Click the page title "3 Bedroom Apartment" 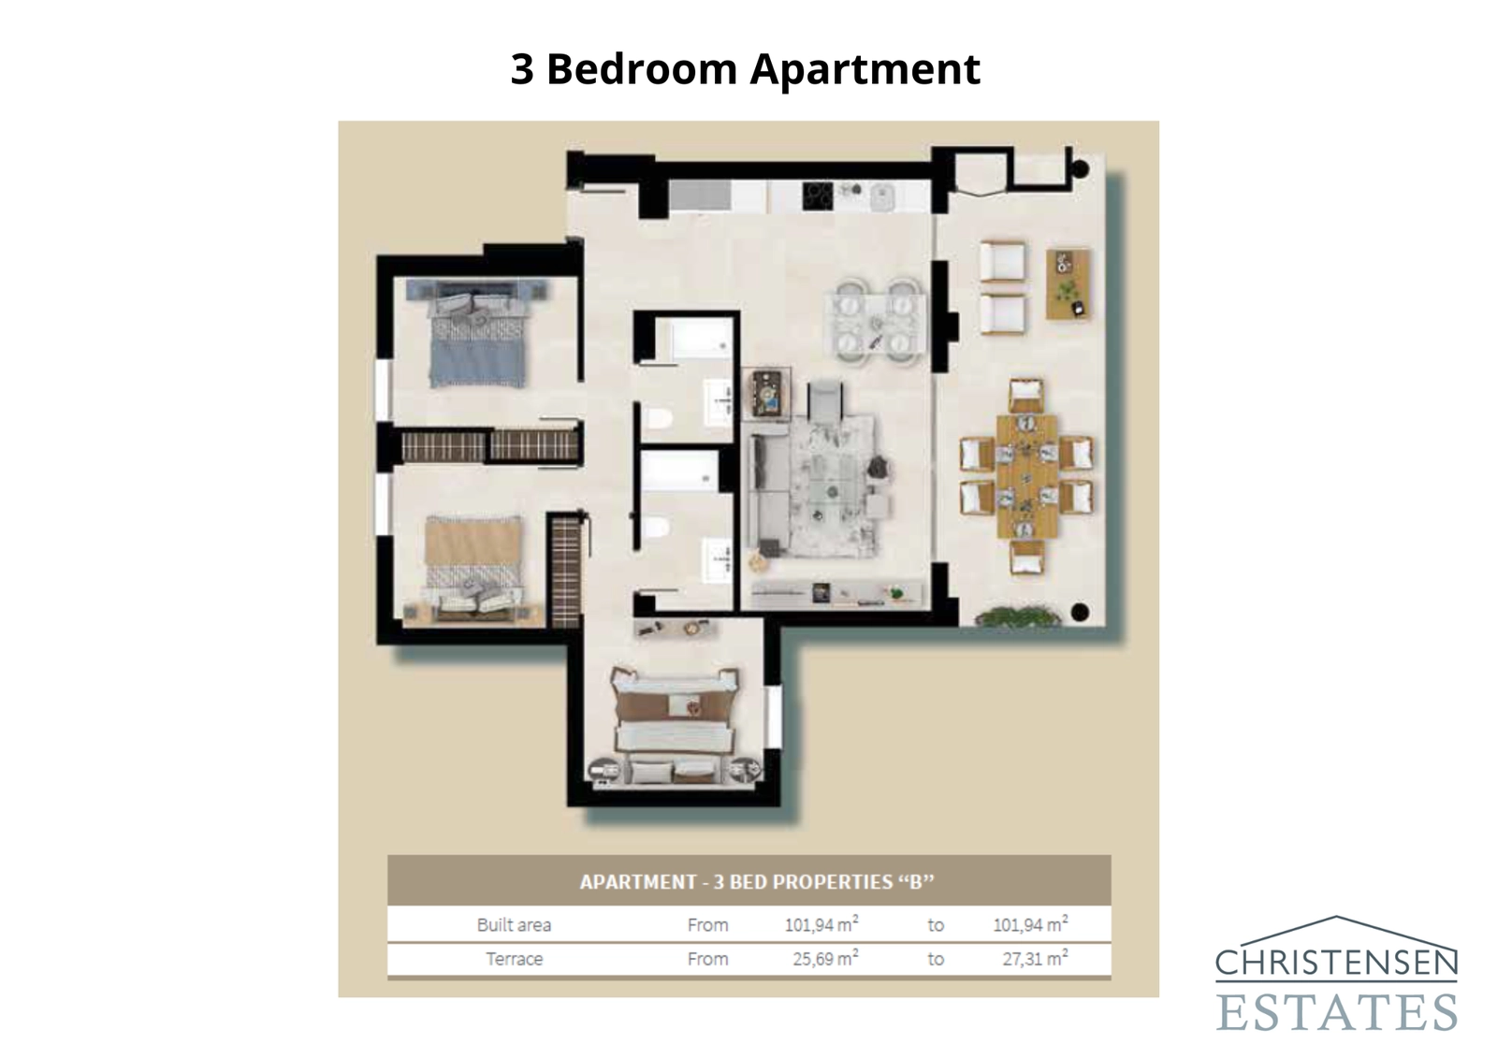tap(745, 69)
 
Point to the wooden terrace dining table tap(1026, 476)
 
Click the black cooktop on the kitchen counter tap(818, 196)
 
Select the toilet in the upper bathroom tap(658, 418)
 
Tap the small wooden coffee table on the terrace tap(1068, 283)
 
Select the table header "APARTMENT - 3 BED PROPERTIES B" tap(757, 882)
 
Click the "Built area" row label tap(514, 925)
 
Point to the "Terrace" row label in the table tap(514, 959)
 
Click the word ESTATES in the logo tap(1336, 1011)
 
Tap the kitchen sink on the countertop tap(882, 197)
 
